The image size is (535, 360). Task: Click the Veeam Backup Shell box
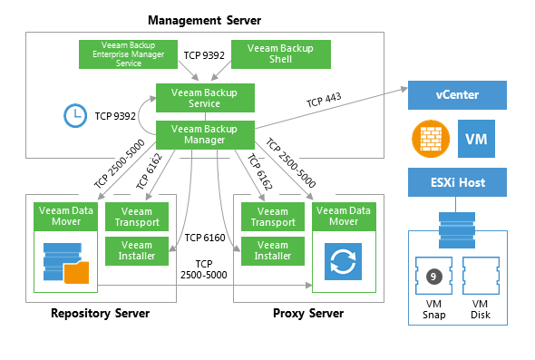pyautogui.click(x=281, y=54)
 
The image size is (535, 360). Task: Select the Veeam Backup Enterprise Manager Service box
pyautogui.click(x=128, y=54)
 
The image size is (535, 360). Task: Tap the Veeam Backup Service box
pyautogui.click(x=205, y=98)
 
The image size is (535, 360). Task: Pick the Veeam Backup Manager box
pyautogui.click(x=205, y=135)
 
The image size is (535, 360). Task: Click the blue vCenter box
pyautogui.click(x=457, y=95)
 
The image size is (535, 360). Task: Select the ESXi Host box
pyautogui.click(x=457, y=182)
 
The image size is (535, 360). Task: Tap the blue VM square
pyautogui.click(x=476, y=139)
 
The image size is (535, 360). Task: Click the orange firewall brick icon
pyautogui.click(x=431, y=139)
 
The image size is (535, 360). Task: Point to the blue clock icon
pyautogui.click(x=75, y=116)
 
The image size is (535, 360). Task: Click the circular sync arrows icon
pyautogui.click(x=343, y=262)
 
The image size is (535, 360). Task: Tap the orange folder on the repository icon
pyautogui.click(x=76, y=273)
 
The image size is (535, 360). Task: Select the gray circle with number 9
pyautogui.click(x=433, y=277)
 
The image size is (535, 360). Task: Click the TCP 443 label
pyautogui.click(x=324, y=100)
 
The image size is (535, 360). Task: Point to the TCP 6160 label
pyautogui.click(x=205, y=238)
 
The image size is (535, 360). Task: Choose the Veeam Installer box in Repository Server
pyautogui.click(x=137, y=251)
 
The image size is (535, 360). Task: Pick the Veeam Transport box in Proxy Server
pyautogui.click(x=273, y=217)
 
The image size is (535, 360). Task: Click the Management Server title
pyautogui.click(x=204, y=21)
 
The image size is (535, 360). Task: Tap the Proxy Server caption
pyautogui.click(x=308, y=313)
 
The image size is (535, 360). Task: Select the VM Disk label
pyautogui.click(x=481, y=309)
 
